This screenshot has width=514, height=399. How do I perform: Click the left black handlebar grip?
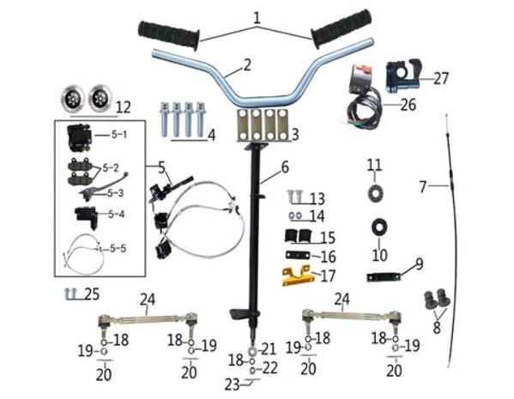tap(168, 35)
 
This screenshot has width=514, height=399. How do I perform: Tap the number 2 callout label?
tap(247, 64)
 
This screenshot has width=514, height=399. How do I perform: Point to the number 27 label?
tap(441, 78)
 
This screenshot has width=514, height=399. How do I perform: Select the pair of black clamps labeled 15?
tap(298, 235)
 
